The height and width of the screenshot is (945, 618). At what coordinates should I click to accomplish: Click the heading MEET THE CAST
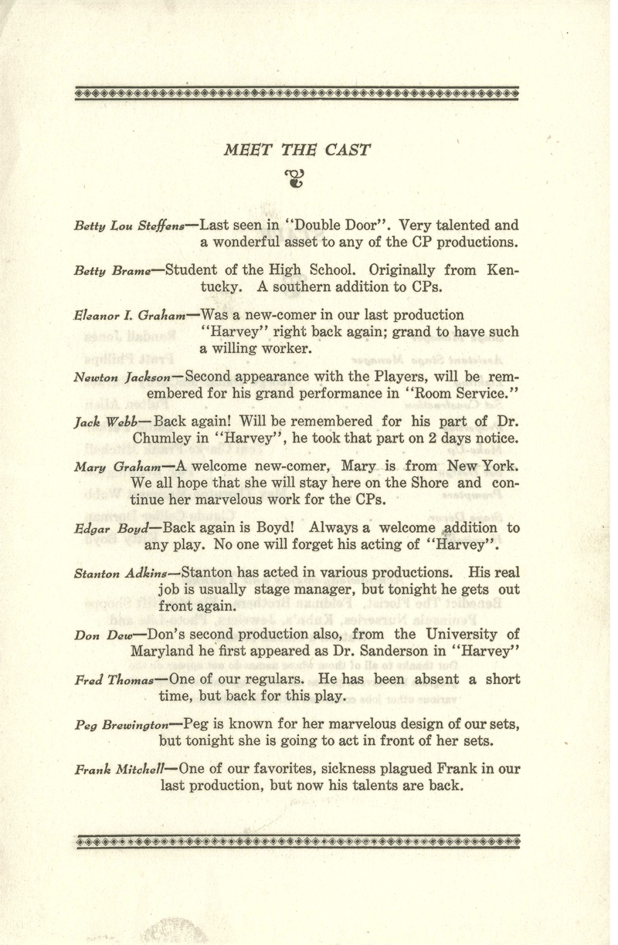point(297,149)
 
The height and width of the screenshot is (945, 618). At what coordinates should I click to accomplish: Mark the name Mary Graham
point(117,467)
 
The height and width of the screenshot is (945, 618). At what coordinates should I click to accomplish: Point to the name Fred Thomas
point(114,682)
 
